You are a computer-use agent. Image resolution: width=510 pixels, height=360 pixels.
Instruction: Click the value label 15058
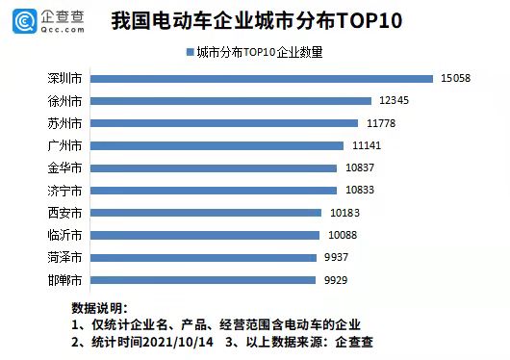point(455,78)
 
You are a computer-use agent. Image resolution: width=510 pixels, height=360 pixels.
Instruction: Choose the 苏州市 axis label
point(64,123)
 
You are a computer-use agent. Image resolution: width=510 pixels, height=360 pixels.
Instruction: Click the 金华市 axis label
point(64,167)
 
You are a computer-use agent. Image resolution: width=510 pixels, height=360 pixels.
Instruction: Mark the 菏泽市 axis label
point(64,257)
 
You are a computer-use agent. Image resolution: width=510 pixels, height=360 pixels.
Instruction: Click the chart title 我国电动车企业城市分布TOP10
point(256,20)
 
